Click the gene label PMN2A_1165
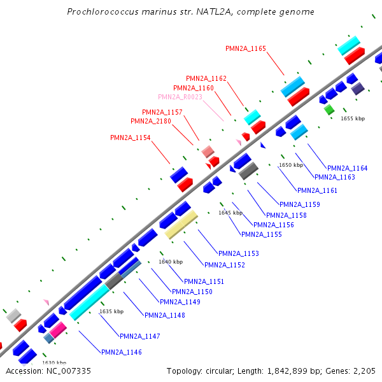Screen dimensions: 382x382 [x=246, y=48]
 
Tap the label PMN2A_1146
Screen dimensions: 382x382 [x=122, y=352]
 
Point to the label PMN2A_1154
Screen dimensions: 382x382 [x=131, y=138]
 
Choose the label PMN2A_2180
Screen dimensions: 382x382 [x=151, y=121]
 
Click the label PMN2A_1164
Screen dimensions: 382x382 [x=347, y=168]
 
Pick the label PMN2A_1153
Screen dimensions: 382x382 [x=239, y=253]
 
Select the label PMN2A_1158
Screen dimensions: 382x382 [x=286, y=215]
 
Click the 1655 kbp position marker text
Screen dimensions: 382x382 [x=353, y=118]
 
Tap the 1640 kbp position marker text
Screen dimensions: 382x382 [x=171, y=262]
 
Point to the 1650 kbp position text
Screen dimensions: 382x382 [x=290, y=165]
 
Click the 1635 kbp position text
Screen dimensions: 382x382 [x=111, y=311]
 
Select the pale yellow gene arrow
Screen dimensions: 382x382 [x=181, y=225]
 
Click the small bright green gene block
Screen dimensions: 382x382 [x=329, y=110]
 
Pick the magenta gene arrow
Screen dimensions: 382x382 [x=58, y=330]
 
